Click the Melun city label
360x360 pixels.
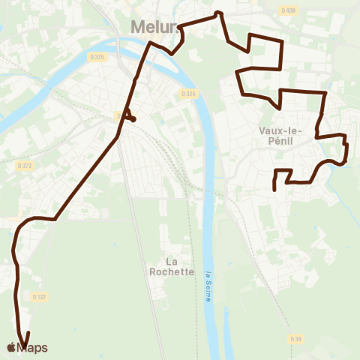coord(154,27)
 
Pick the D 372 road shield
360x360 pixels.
coord(25,165)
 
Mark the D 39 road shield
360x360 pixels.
coord(297,340)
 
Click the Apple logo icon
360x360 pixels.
coord(10,347)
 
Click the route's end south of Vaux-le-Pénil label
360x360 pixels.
coord(274,189)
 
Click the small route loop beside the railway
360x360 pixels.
coord(129,116)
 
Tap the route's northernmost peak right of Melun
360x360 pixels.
coord(218,13)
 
